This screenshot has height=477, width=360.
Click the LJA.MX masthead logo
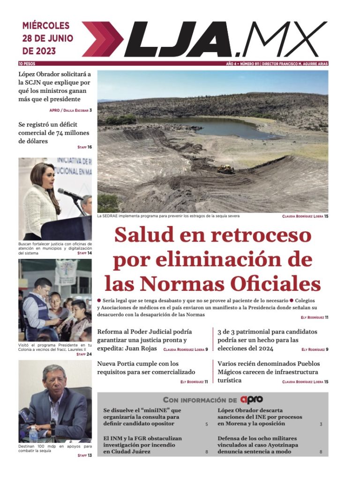206,39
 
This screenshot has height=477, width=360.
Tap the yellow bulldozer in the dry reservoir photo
225,169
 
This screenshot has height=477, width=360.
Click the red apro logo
251,400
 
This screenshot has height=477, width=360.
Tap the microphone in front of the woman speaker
68,193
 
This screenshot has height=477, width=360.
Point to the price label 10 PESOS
27,63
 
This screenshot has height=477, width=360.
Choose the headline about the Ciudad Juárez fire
142,445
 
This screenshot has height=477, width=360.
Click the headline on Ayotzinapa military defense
257,445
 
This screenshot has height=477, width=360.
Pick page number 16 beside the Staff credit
89,147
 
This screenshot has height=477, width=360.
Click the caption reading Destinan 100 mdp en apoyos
55,449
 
